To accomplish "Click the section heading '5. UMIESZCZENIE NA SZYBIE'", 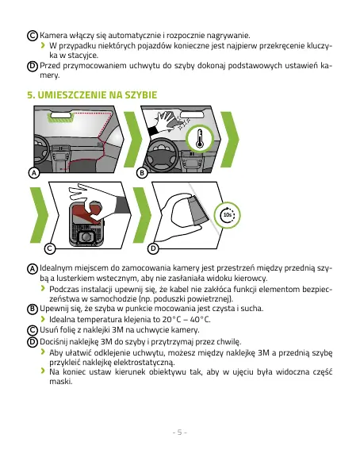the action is (92, 95).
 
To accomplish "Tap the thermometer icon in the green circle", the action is (200, 139).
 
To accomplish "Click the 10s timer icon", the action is (228, 215).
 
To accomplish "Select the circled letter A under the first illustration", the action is (34, 173).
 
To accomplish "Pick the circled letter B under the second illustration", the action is (142, 173).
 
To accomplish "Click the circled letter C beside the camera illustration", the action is (50, 248).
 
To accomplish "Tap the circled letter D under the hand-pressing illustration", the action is (153, 248).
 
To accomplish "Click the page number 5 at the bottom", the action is (180, 433).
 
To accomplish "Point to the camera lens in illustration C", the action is (86, 237).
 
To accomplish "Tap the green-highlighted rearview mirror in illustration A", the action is (61, 117).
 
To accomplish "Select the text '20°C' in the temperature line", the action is (170, 319).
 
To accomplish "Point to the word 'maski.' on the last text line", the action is (61, 382).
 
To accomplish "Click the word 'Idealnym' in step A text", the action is (56, 268).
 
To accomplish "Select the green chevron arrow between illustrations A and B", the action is (132, 140).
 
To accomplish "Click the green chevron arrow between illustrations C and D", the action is (142, 215).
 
